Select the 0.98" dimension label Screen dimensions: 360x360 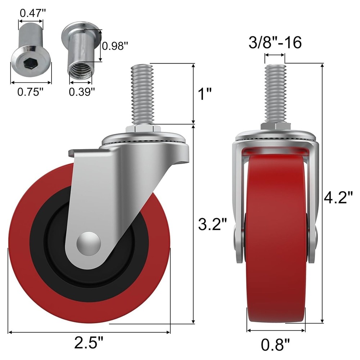click(115, 46)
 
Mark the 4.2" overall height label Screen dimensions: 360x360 click(338, 198)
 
